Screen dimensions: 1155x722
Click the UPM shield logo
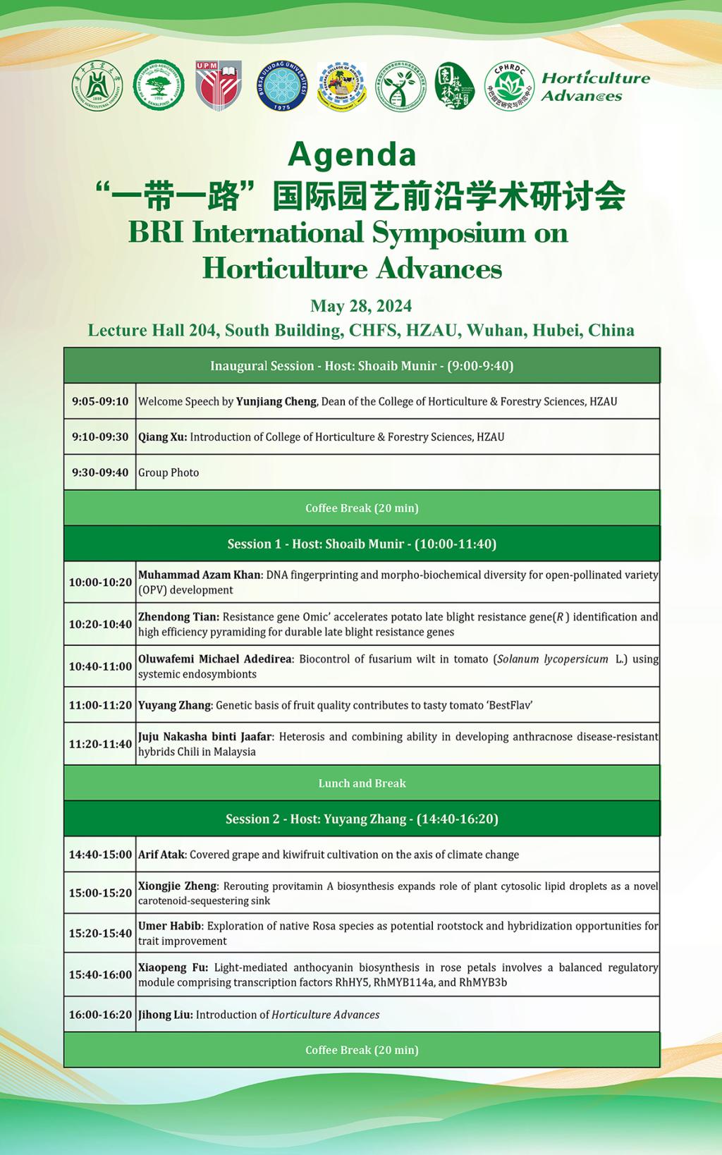(219, 85)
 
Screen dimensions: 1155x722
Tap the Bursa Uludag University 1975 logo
(281, 85)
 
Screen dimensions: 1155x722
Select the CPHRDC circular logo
(509, 86)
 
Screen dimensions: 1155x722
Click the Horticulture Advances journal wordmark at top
(595, 87)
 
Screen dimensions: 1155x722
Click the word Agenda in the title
(352, 154)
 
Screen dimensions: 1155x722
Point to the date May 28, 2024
(361, 306)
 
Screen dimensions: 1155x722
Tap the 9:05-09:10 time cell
(100, 401)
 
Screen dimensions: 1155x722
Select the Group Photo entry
(169, 472)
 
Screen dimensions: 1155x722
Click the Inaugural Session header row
(362, 365)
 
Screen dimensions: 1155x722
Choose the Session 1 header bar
(362, 544)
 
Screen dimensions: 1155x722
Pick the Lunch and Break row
(362, 783)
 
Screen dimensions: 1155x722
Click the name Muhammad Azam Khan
(200, 575)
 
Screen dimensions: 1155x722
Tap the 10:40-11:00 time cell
(100, 666)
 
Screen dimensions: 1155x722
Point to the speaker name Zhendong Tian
(178, 617)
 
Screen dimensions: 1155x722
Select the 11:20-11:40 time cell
(100, 744)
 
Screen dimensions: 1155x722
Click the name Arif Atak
(161, 855)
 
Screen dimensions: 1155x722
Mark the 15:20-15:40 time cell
(100, 933)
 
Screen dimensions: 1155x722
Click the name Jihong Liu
(166, 1015)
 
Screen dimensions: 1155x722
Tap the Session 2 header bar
(362, 819)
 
